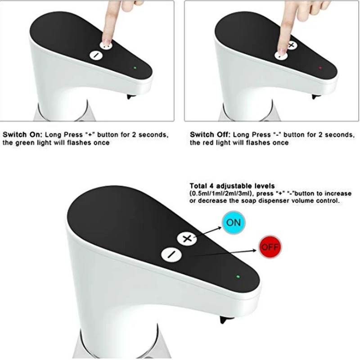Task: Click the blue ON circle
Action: point(234,222)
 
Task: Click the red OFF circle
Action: point(270,247)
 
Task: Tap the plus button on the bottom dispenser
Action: point(187,239)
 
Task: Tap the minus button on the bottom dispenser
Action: point(171,255)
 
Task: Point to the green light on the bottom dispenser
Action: point(238,277)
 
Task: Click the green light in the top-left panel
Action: point(135,68)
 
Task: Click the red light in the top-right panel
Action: point(320,68)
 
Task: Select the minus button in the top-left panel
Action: point(96,55)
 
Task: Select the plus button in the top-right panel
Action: point(292,45)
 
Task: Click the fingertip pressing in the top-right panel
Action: point(282,51)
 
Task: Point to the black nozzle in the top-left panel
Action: point(129,97)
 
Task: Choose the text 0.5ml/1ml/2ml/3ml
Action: point(220,193)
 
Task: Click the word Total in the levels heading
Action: point(198,186)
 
